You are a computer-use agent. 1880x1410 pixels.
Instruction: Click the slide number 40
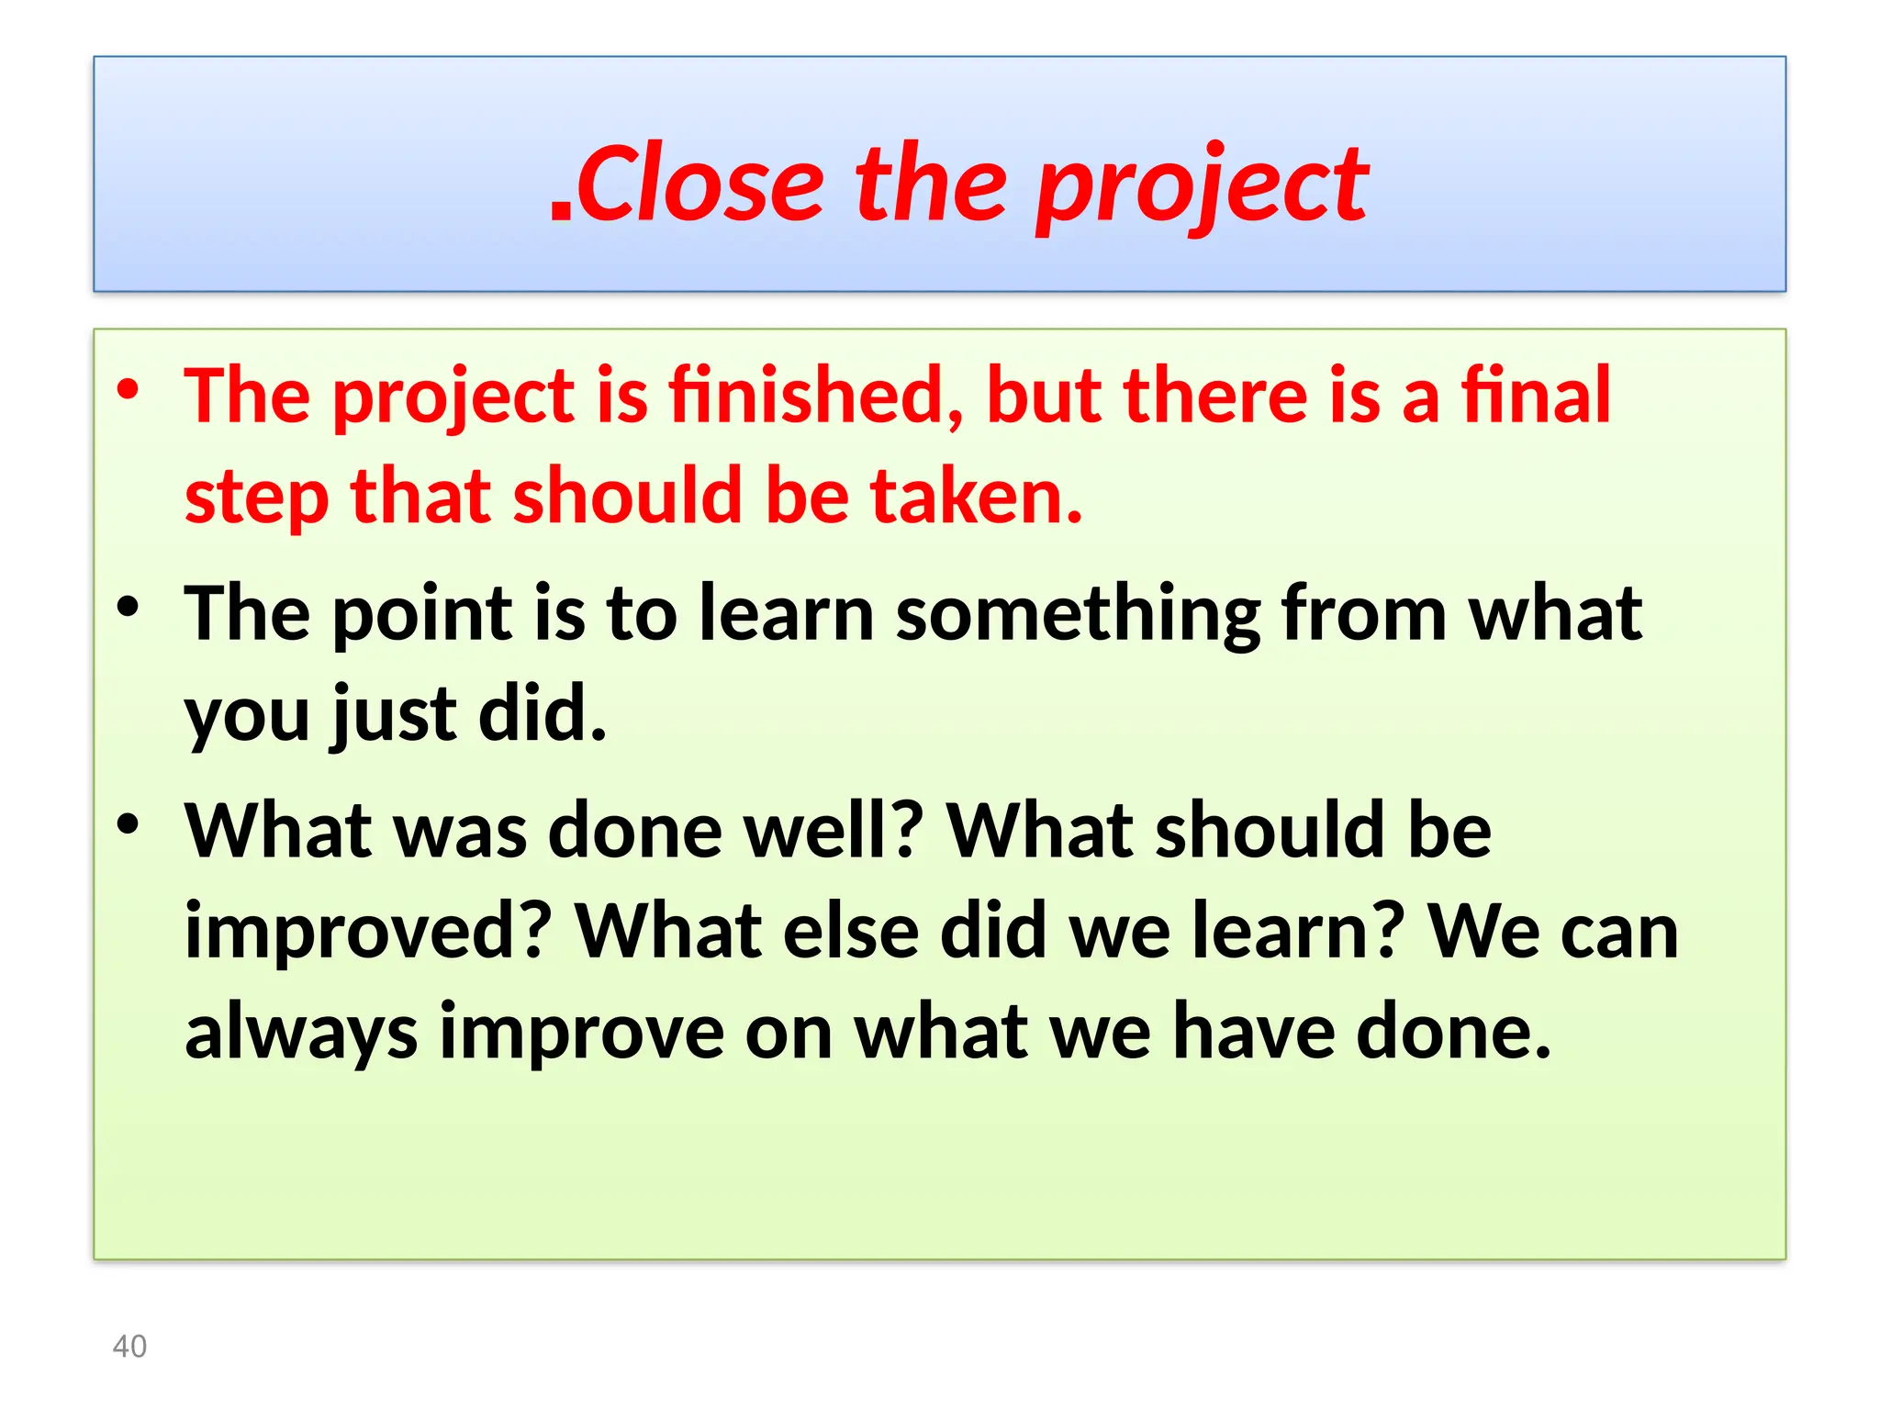tap(129, 1347)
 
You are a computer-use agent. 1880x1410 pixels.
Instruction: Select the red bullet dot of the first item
tap(128, 388)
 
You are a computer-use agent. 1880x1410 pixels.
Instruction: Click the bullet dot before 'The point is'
tap(128, 607)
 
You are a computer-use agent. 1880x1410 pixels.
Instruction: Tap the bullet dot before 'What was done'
tap(128, 823)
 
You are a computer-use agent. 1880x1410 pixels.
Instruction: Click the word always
tap(301, 1033)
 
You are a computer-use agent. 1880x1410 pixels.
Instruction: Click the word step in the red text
tap(257, 498)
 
